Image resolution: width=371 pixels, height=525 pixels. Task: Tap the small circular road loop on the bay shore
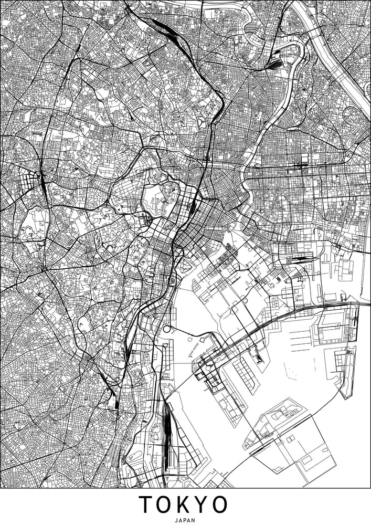[167, 329]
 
